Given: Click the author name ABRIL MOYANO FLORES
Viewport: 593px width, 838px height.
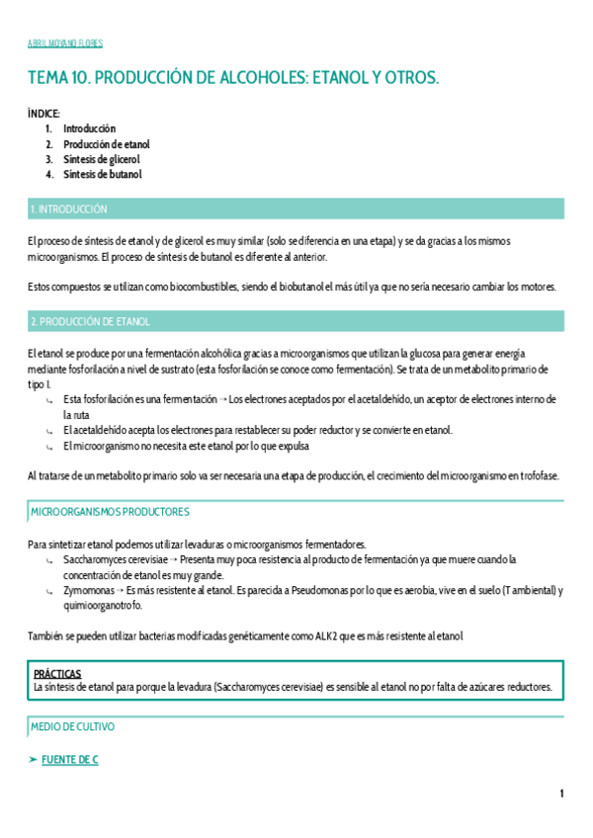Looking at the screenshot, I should (x=65, y=43).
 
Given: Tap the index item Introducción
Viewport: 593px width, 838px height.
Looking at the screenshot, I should (x=89, y=128).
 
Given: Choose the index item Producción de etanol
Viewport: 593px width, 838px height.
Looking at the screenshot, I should (x=107, y=144).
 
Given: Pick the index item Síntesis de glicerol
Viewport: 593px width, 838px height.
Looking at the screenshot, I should (x=102, y=159).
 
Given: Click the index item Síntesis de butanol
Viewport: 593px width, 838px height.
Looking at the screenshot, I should (x=103, y=175).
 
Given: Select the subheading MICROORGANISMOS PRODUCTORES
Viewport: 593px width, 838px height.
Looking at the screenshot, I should (x=111, y=512).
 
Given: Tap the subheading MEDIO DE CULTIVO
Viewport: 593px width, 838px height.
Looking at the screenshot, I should (x=72, y=726).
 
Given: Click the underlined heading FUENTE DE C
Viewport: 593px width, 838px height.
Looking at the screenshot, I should (x=68, y=759).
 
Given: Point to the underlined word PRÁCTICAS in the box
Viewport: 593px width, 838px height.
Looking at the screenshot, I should (x=57, y=673).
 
